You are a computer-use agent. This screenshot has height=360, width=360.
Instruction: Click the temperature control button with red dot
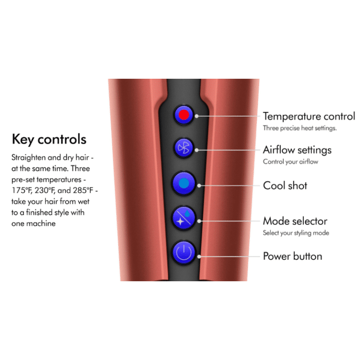tap(184, 115)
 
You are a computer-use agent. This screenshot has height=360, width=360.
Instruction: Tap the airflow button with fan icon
tap(184, 148)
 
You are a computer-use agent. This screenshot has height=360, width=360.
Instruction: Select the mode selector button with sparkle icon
tap(184, 218)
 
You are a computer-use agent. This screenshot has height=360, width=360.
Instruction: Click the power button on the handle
tap(184, 253)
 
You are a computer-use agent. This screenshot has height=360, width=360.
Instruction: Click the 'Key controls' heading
tap(49, 139)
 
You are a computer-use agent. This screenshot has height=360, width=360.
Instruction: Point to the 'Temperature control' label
tap(309, 116)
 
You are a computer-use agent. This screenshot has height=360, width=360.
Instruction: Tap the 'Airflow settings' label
tap(297, 150)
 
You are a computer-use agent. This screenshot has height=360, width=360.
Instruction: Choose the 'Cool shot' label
tap(285, 186)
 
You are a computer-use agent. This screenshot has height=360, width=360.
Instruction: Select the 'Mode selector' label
tap(295, 221)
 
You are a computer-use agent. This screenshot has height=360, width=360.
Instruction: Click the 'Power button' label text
tap(292, 256)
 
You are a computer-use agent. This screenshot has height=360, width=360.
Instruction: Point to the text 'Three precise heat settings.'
tap(300, 128)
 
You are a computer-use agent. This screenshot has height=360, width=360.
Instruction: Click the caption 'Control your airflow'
tap(291, 162)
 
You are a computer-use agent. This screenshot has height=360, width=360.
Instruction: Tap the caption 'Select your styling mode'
tap(296, 233)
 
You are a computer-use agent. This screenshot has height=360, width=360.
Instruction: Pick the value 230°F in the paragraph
tap(45, 190)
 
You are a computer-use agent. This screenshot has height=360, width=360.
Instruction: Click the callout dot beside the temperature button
tap(196, 116)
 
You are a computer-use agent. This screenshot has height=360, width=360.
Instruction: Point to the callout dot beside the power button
tap(199, 256)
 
